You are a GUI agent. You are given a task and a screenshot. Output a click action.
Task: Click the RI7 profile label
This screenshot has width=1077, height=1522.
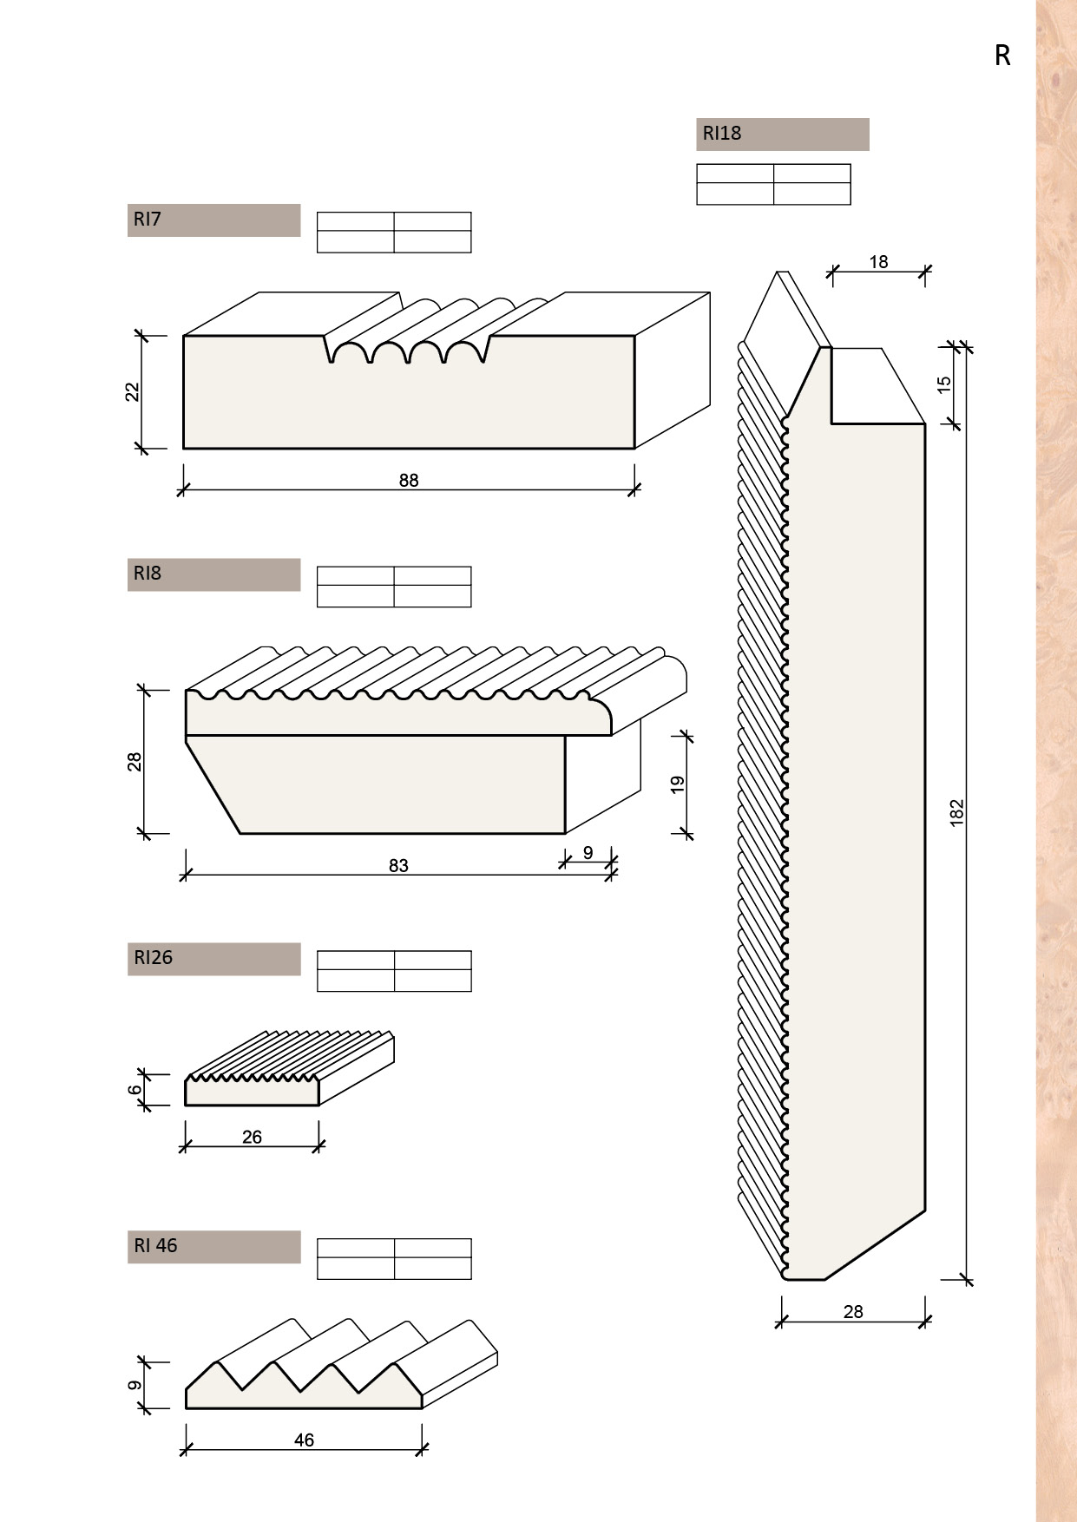pyautogui.click(x=148, y=220)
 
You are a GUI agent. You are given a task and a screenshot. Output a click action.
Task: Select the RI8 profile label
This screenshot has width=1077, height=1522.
pyautogui.click(x=148, y=574)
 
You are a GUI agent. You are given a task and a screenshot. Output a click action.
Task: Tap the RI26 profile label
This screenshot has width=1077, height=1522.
pyautogui.click(x=154, y=958)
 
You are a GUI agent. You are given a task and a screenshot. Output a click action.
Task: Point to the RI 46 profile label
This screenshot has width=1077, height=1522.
pyautogui.click(x=155, y=1246)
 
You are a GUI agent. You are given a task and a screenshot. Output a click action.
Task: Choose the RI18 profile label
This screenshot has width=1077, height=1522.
pyautogui.click(x=722, y=134)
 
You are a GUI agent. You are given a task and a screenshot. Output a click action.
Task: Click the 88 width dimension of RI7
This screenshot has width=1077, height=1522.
pyautogui.click(x=409, y=481)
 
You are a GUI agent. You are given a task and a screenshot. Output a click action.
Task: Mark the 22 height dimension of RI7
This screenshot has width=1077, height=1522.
pyautogui.click(x=133, y=392)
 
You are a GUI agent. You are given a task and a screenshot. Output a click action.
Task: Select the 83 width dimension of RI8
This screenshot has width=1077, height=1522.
pyautogui.click(x=398, y=866)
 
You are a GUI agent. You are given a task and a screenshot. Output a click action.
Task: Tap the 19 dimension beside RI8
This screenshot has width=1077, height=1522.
pyautogui.click(x=679, y=784)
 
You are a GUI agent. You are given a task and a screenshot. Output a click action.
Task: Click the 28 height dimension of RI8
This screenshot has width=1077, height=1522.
pyautogui.click(x=135, y=762)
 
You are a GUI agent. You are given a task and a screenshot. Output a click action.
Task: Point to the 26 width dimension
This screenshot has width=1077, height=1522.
pyautogui.click(x=252, y=1138)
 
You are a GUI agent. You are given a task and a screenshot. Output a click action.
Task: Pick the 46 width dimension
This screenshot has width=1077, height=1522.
pyautogui.click(x=304, y=1440)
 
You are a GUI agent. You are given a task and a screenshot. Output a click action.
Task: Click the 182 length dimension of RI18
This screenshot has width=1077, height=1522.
pyautogui.click(x=957, y=813)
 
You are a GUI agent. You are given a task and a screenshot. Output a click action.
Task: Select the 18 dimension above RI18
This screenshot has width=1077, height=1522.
pyautogui.click(x=878, y=262)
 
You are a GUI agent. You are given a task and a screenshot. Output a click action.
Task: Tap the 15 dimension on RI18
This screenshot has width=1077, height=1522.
pyautogui.click(x=945, y=384)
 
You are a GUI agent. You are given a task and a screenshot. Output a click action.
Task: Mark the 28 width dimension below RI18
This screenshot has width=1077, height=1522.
pyautogui.click(x=853, y=1312)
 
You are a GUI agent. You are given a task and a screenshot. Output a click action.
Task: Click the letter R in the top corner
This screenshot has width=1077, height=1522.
pyautogui.click(x=1002, y=56)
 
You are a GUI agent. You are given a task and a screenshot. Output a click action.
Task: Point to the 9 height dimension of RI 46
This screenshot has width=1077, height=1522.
pyautogui.click(x=135, y=1385)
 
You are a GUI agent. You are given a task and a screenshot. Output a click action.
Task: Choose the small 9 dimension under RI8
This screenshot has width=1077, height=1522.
pyautogui.click(x=588, y=853)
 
